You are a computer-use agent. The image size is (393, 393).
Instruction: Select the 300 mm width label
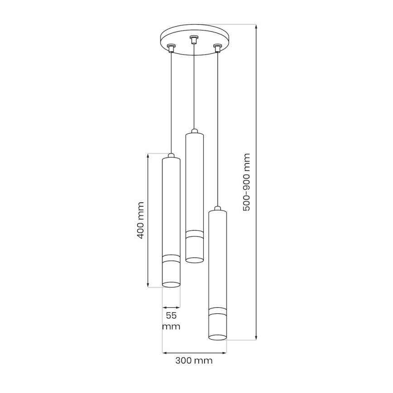pos(194,361)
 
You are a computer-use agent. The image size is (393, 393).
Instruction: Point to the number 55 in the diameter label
pos(171,316)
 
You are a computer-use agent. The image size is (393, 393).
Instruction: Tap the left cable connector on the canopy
pos(171,47)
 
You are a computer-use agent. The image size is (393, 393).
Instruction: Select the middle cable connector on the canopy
pos(194,39)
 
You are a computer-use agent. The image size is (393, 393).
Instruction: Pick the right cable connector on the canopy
pos(218,47)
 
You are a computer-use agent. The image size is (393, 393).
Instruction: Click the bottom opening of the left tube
pos(172,284)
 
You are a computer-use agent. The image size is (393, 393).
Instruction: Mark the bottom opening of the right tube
pos(218,337)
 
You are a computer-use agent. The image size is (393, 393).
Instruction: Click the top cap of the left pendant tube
pos(172,156)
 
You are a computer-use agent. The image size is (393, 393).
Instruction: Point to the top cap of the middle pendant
pos(195,131)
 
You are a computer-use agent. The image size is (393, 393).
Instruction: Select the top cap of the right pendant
pos(218,208)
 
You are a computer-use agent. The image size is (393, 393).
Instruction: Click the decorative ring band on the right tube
pos(218,311)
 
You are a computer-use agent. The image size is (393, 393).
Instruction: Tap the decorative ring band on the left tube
pos(172,259)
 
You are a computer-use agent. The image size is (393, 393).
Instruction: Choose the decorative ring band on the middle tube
pos(195,234)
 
